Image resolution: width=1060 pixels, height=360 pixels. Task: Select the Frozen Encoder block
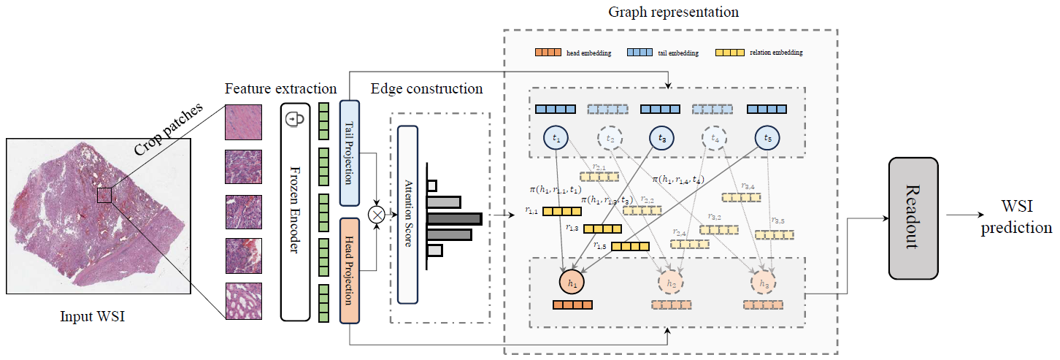[296, 212]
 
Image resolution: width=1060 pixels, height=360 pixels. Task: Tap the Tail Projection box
[350, 153]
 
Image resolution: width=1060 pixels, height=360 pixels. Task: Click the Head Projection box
[350, 270]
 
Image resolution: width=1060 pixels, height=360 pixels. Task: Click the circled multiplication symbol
[377, 215]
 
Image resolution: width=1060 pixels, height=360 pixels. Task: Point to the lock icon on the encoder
[296, 118]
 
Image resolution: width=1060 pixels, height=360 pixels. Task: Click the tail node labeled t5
[767, 137]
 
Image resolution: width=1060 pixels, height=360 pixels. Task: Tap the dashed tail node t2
[610, 138]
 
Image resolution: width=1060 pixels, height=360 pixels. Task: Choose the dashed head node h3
[764, 283]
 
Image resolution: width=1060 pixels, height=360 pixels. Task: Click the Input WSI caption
[98, 316]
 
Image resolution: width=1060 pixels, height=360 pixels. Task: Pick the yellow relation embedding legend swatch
[730, 53]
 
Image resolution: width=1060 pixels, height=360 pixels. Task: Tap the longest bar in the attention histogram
[454, 218]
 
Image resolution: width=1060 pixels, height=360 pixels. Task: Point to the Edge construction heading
[426, 89]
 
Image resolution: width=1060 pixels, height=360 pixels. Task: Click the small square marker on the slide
[104, 195]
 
